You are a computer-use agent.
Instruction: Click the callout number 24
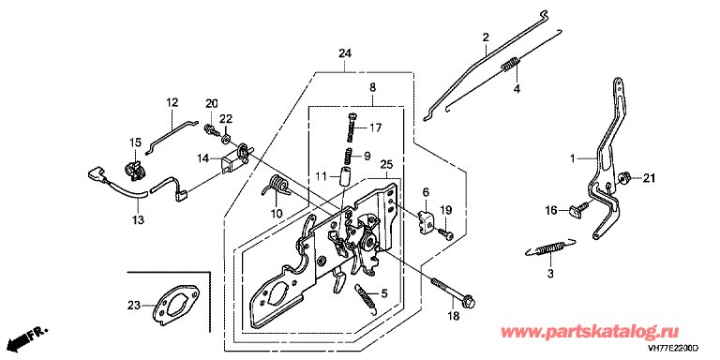coord(345,53)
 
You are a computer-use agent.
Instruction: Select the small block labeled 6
coord(427,221)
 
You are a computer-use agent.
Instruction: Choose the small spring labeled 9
coord(350,156)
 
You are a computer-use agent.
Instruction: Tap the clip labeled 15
coord(135,170)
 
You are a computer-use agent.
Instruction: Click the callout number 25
coord(386,164)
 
